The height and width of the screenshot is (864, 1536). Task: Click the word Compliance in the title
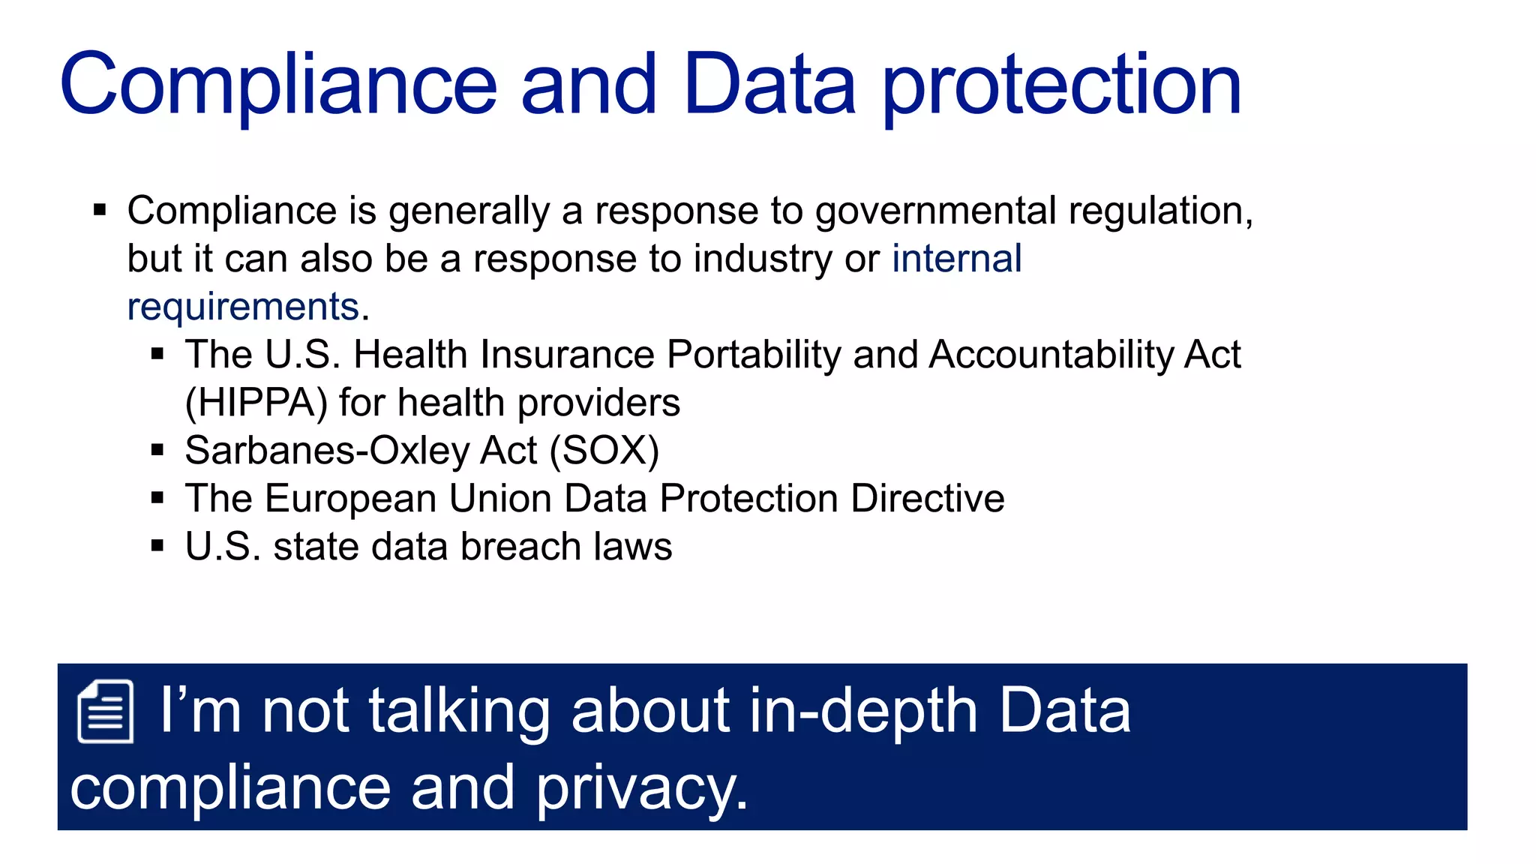(x=278, y=86)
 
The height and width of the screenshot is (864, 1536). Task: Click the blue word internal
(x=956, y=259)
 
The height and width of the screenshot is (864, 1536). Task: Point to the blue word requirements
(x=243, y=307)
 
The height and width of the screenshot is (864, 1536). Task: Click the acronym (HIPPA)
(x=256, y=403)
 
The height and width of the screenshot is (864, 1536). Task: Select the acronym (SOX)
(x=604, y=451)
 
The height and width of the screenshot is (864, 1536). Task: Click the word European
(x=351, y=499)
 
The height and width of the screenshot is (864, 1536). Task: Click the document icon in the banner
(x=106, y=711)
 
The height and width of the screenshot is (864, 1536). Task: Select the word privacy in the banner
(x=641, y=789)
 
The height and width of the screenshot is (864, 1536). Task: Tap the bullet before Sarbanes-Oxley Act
(x=157, y=451)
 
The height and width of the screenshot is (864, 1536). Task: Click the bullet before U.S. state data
(x=157, y=547)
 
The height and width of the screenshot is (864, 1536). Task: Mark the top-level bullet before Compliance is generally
(x=100, y=211)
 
